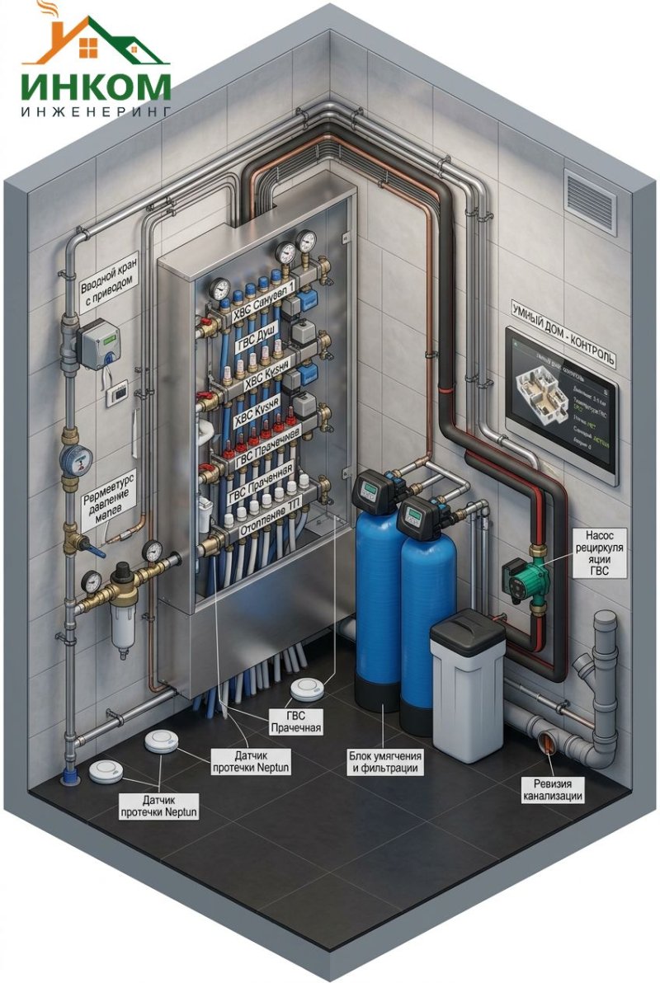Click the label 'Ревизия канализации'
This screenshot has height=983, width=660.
pos(553,789)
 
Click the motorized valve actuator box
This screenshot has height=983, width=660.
pos(97,341)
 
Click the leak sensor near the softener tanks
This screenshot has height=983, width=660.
pos(309,688)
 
